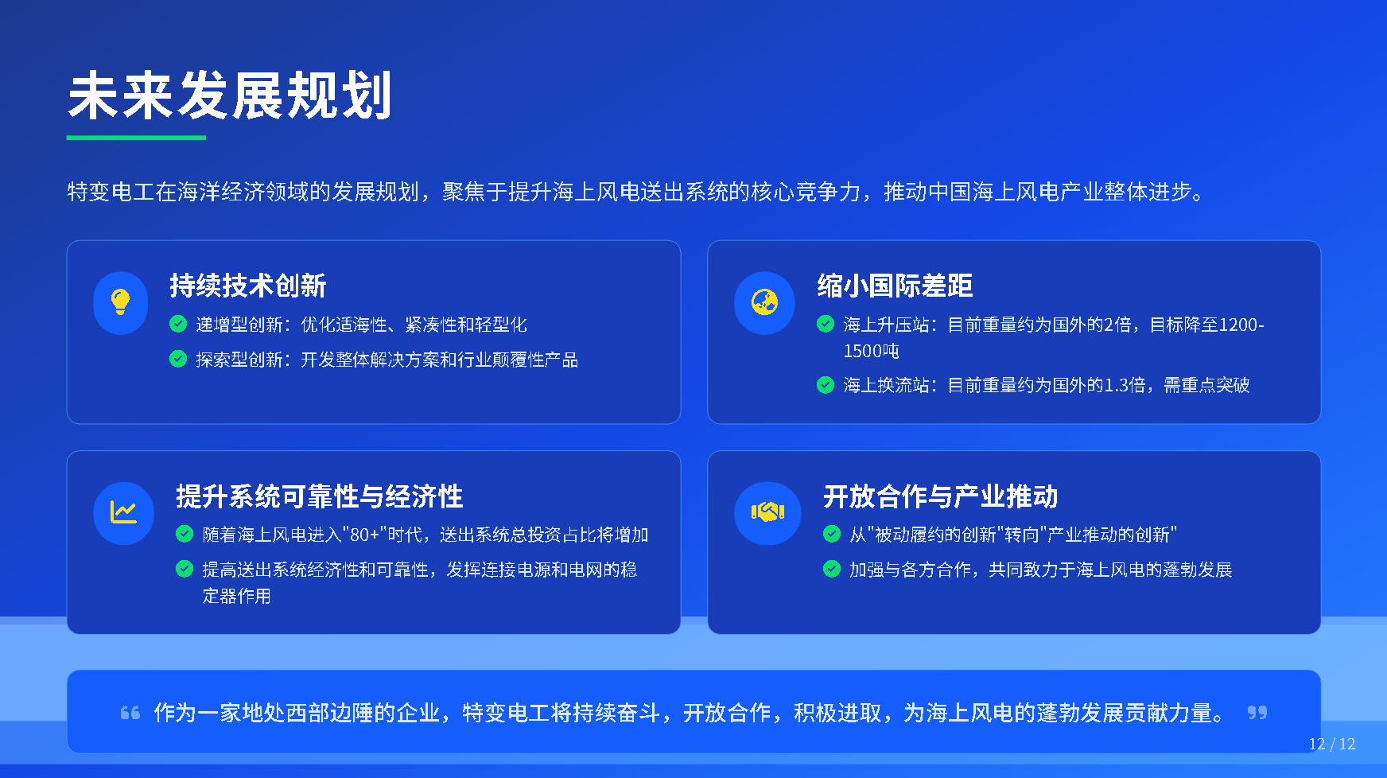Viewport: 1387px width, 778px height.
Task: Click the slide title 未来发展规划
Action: coord(230,96)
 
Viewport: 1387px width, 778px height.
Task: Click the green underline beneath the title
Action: coord(136,138)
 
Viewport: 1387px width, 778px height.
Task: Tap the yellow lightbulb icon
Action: coord(120,302)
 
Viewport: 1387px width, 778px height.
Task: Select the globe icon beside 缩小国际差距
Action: coord(764,302)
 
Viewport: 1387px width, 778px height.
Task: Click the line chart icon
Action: coord(123,512)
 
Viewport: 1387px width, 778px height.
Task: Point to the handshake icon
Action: coord(767,512)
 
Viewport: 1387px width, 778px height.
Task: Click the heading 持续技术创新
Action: coord(248,286)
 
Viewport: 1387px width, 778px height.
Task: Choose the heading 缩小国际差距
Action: coord(895,286)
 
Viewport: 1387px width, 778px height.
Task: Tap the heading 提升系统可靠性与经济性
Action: coord(319,496)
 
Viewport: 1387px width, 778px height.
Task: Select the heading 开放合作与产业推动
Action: coord(940,496)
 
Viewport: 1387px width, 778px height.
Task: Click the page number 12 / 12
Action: coord(1332,744)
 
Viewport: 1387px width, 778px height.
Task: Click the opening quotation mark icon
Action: coord(130,713)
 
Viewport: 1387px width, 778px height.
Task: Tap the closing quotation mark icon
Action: coord(1257,713)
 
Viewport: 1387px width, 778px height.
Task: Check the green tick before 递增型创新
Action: coord(178,324)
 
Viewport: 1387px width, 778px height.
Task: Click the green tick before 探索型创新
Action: coord(178,359)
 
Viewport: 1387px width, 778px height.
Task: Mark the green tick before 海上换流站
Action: coord(826,385)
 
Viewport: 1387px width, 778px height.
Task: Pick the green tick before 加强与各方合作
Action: coord(832,569)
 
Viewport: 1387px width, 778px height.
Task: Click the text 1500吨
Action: coord(871,351)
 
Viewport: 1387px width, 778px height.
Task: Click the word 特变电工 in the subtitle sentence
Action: coord(111,192)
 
